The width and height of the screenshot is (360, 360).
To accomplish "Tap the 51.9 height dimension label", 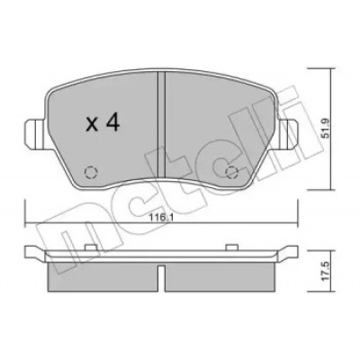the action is pyautogui.click(x=325, y=129).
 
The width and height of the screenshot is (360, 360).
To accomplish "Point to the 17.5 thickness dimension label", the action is pyautogui.click(x=325, y=270).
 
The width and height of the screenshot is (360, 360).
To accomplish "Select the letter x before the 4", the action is pyautogui.click(x=92, y=125).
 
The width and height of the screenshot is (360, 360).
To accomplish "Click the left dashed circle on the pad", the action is pyautogui.click(x=91, y=172).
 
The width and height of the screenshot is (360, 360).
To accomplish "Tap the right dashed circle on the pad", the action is pyautogui.click(x=231, y=172).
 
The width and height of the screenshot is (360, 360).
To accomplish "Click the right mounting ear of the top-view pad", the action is pyautogui.click(x=287, y=133).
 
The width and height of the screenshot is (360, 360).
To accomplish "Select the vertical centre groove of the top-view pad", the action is pyautogui.click(x=161, y=125).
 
